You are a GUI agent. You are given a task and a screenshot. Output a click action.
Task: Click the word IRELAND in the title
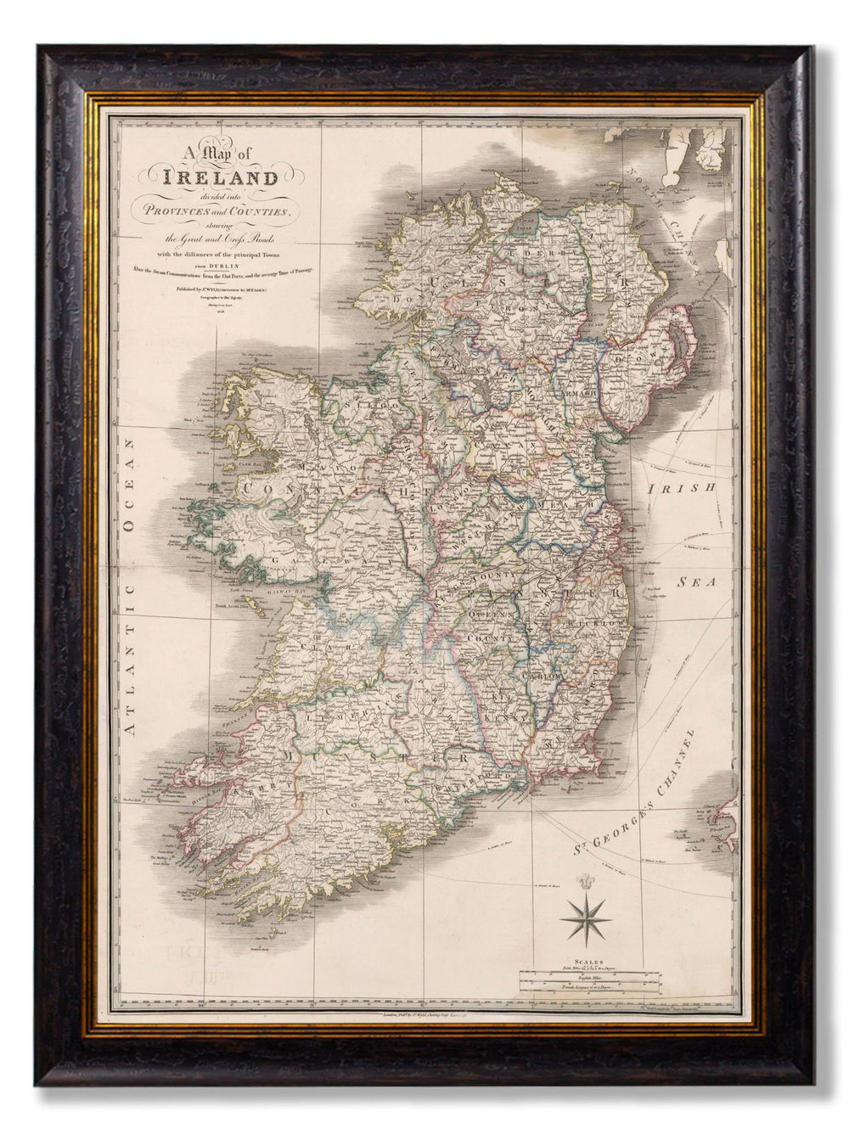pyautogui.click(x=224, y=178)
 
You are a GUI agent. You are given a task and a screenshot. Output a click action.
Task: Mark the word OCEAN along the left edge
pyautogui.click(x=132, y=497)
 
